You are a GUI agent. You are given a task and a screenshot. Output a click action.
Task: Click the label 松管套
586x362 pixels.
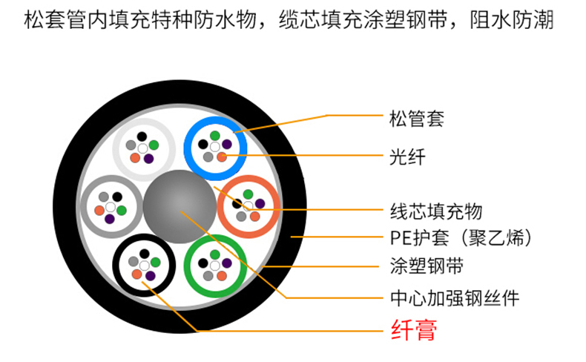(416, 118)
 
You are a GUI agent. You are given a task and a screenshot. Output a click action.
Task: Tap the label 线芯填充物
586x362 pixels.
(435, 211)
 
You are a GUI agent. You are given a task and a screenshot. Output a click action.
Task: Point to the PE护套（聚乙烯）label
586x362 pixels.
(461, 238)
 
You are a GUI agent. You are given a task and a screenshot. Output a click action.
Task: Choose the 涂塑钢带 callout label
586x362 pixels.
(426, 266)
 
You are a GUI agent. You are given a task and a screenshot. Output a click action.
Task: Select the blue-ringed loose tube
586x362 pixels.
(215, 147)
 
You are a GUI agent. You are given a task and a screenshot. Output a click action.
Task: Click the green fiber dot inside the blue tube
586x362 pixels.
(215, 135)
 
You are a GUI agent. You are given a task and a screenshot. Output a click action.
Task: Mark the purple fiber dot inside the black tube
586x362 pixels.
(150, 275)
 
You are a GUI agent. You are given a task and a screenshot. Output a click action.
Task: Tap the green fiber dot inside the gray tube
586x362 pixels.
(122, 211)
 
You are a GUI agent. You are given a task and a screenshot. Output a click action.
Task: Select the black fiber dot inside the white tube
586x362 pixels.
(141, 136)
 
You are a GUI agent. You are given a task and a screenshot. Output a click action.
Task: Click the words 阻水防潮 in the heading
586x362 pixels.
(512, 20)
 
